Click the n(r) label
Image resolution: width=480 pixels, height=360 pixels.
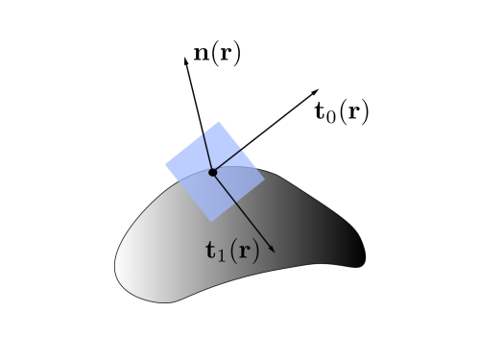(217, 53)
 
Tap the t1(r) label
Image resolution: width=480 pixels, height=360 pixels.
(232, 252)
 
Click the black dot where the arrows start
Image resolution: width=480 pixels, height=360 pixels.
(212, 172)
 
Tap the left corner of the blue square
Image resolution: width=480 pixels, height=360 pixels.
(166, 165)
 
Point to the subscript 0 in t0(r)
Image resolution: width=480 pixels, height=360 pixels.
(331, 115)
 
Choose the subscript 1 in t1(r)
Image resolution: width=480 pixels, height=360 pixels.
(222, 256)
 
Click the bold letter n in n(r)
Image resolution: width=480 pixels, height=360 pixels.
(201, 54)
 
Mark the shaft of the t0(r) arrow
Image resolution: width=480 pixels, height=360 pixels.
(264, 132)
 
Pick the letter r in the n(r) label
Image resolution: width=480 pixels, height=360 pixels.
(224, 54)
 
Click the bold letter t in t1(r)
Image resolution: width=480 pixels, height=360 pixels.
(211, 252)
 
